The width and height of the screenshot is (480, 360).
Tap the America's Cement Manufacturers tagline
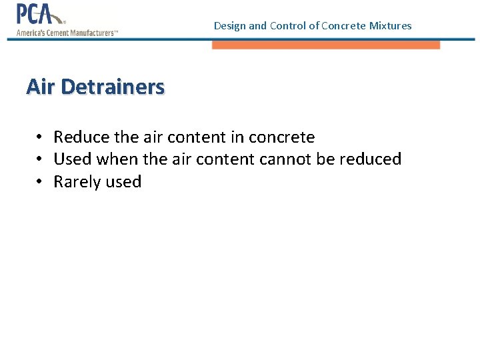point(67,32)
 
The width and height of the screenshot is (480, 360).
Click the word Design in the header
point(229,26)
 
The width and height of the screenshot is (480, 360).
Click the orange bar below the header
point(326,45)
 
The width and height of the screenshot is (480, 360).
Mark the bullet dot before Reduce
point(41,137)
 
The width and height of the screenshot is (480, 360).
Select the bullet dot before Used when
point(41,159)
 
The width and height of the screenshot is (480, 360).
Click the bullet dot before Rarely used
point(41,182)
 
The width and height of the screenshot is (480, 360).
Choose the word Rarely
point(75,182)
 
